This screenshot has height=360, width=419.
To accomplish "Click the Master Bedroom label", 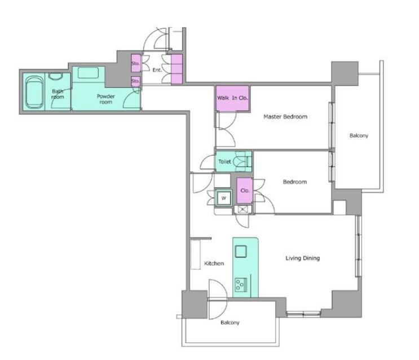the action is pyautogui.click(x=285, y=117).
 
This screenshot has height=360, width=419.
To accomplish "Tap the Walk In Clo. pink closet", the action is pyautogui.click(x=232, y=98).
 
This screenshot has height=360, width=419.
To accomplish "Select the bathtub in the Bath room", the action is pyautogui.click(x=34, y=92).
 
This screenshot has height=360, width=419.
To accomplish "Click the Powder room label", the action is pyautogui.click(x=106, y=99).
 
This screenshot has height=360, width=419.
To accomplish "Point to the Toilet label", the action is pyautogui.click(x=224, y=162).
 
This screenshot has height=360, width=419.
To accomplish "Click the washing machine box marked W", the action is pyautogui.click(x=224, y=198).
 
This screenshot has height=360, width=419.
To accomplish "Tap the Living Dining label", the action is pyautogui.click(x=302, y=258).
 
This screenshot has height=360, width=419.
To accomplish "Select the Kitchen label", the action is pyautogui.click(x=214, y=264).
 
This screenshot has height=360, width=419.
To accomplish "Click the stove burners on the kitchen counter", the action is pyautogui.click(x=240, y=285).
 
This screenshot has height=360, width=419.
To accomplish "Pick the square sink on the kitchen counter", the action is pyautogui.click(x=240, y=251).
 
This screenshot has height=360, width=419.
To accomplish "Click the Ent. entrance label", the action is pyautogui.click(x=157, y=70).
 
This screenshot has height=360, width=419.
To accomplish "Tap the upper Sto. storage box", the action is pyautogui.click(x=136, y=63).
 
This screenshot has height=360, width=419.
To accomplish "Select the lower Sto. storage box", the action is pyautogui.click(x=135, y=81).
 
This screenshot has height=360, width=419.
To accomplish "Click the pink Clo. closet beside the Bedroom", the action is pyautogui.click(x=245, y=190).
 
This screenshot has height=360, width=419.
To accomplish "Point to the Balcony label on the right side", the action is pyautogui.click(x=359, y=136).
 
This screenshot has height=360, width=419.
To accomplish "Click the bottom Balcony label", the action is pyautogui.click(x=230, y=323).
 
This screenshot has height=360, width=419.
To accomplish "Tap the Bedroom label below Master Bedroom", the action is pyautogui.click(x=295, y=182).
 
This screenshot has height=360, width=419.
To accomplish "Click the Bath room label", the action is pyautogui.click(x=58, y=94).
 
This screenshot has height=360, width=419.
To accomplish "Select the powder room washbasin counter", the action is pyautogui.click(x=88, y=73).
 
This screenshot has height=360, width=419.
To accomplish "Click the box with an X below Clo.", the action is pyautogui.click(x=242, y=210).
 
